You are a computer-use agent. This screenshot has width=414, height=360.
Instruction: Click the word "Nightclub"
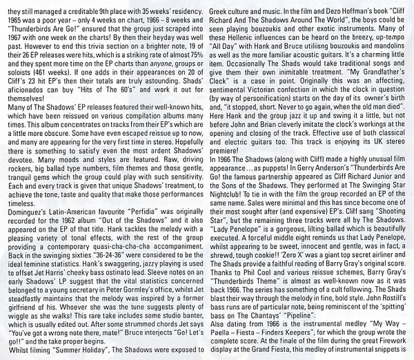(228, 195)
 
